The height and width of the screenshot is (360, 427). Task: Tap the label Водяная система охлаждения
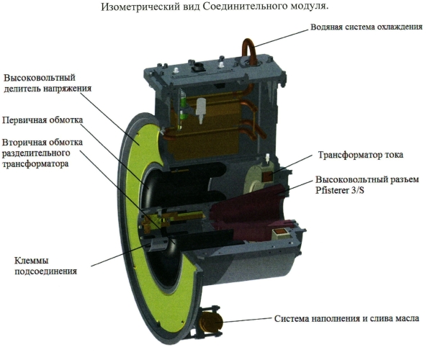click(x=367, y=27)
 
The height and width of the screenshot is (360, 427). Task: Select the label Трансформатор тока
click(x=361, y=155)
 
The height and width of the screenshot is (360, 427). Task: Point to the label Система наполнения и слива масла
click(x=346, y=318)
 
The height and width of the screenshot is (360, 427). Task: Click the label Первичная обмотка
click(x=42, y=120)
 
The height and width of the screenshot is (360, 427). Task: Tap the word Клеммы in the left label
click(x=31, y=261)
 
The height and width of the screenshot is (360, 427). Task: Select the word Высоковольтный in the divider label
click(x=40, y=78)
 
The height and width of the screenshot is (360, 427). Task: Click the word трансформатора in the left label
click(x=35, y=164)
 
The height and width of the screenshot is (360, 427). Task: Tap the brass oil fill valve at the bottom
click(x=210, y=322)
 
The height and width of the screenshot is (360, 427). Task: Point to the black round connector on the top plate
click(x=198, y=68)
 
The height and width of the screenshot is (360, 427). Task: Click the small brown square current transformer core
click(x=267, y=177)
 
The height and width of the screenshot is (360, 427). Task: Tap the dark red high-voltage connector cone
click(x=251, y=211)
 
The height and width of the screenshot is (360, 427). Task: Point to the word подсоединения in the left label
click(x=46, y=271)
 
